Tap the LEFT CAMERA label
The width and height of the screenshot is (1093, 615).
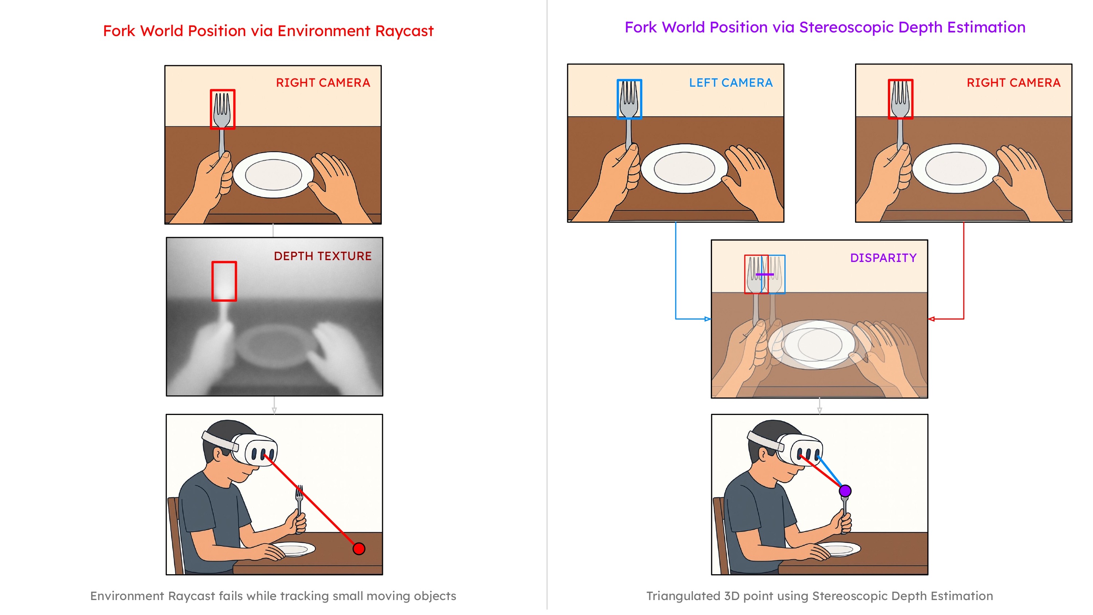click(730, 83)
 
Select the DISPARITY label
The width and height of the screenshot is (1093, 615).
click(883, 258)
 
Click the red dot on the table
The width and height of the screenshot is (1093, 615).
click(359, 549)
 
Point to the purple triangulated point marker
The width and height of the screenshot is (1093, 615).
click(845, 491)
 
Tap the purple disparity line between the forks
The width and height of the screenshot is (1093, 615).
click(765, 275)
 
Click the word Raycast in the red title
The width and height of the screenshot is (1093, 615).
click(404, 31)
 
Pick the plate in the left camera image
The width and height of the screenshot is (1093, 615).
click(684, 168)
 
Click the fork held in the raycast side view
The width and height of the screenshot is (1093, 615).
click(299, 501)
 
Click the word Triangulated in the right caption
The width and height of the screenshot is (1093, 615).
click(683, 596)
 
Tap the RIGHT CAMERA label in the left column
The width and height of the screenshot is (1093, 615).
click(323, 83)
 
